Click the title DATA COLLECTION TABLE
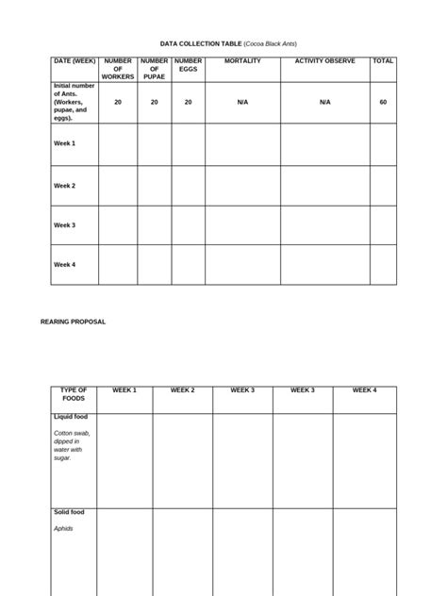tap(201, 43)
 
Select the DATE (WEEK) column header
tap(73, 61)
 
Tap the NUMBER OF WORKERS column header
tap(118, 69)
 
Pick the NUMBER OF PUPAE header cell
tap(154, 69)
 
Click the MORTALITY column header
tap(242, 61)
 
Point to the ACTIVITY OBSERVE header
tap(324, 61)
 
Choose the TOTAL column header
tap(383, 61)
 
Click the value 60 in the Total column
tap(383, 102)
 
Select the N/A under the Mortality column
tap(242, 102)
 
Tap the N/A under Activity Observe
tap(324, 102)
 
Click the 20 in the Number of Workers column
tap(118, 102)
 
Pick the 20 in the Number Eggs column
tap(188, 102)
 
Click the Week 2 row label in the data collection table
tap(64, 186)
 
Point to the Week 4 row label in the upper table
tap(64, 265)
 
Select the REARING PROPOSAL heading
tap(73, 322)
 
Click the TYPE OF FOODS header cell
tap(73, 394)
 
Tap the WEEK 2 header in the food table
tap(182, 390)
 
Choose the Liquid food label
tap(70, 417)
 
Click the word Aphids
tap(63, 529)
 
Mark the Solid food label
tap(69, 512)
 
